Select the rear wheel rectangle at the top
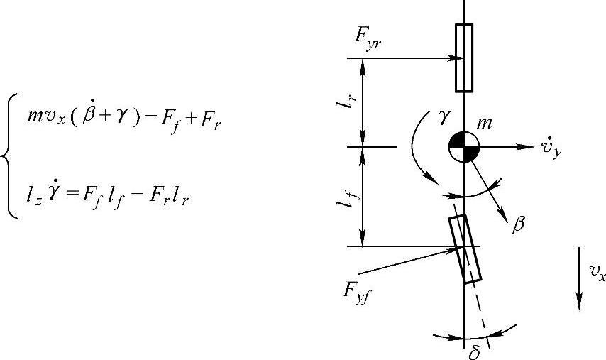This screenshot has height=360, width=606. pos(463,58)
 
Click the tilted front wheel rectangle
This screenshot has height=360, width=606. pos(465,249)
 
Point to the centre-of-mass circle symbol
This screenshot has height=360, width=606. pos(463,147)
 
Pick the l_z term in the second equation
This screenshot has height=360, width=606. pos(33,192)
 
